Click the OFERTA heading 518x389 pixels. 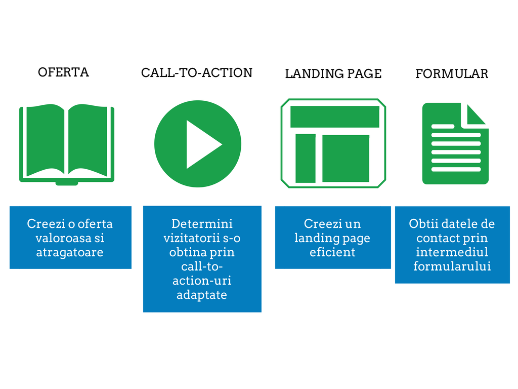point(63,72)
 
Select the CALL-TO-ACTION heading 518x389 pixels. point(197,73)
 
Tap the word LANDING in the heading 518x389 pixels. point(310,73)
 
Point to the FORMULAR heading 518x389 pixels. point(452,73)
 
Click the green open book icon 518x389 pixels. point(67,144)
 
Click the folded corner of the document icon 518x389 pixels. point(476,114)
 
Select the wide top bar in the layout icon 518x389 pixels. point(335,116)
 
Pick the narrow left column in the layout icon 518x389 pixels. point(305,158)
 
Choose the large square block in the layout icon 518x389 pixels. point(346,158)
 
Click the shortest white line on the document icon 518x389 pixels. point(443,126)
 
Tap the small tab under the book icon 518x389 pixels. point(67,183)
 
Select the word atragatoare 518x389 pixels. point(70,252)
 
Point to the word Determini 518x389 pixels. point(202,223)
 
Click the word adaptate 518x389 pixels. point(202,295)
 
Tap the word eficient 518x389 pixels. point(332,252)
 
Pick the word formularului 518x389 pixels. point(452,266)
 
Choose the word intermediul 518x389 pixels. point(452,252)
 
